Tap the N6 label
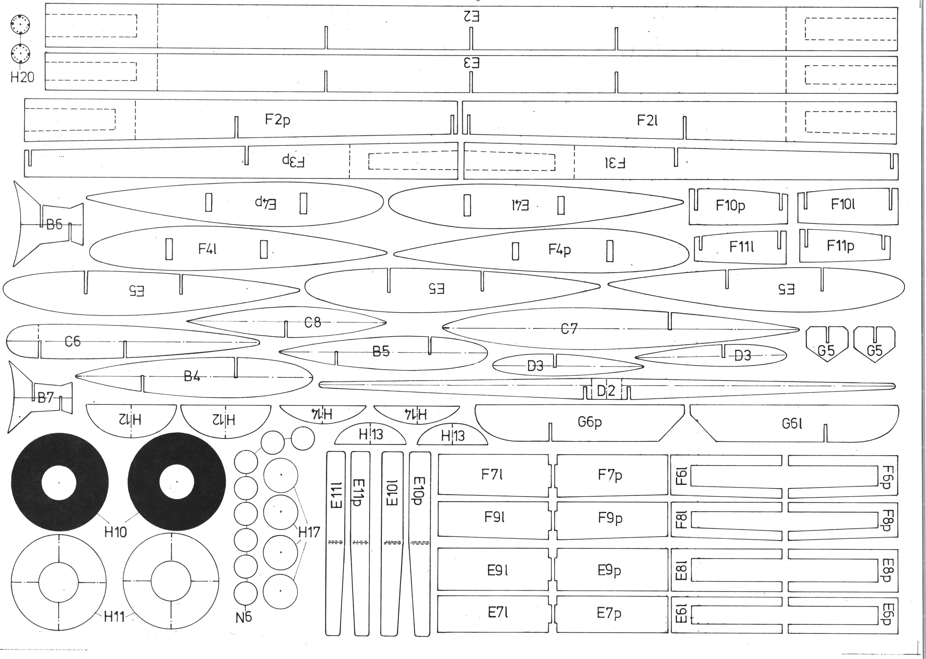[x=244, y=617]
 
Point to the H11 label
[x=114, y=617]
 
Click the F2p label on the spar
[x=278, y=120]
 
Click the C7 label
[x=569, y=329]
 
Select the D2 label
[x=606, y=391]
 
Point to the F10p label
[x=730, y=206]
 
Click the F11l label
[x=742, y=246]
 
